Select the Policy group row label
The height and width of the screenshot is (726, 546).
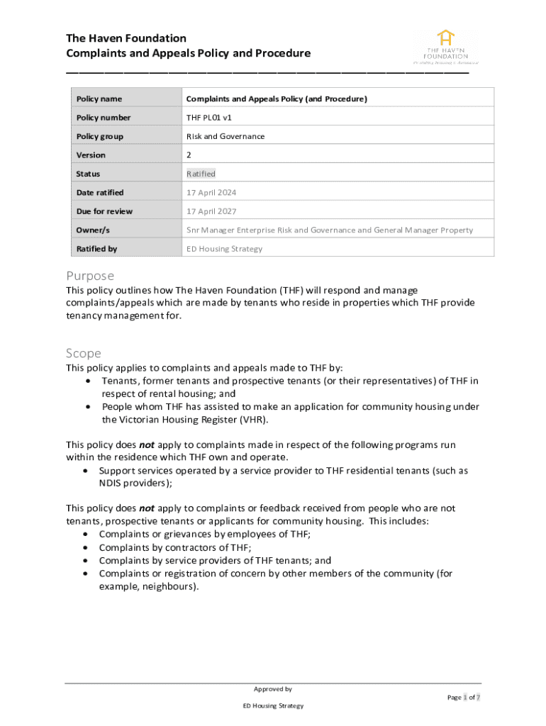[99, 136]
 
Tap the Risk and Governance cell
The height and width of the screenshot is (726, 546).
[225, 136]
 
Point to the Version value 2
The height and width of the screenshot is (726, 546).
[189, 155]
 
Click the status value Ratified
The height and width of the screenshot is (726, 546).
[201, 174]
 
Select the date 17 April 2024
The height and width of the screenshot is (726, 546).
[211, 193]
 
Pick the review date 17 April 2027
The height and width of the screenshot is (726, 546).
[211, 211]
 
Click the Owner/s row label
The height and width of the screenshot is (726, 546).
[93, 230]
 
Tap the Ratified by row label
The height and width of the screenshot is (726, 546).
[96, 249]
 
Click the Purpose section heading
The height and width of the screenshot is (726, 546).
[90, 276]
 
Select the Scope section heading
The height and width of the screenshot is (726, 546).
[84, 353]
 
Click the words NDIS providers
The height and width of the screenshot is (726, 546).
[135, 484]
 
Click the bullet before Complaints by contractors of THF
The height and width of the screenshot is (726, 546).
[86, 548]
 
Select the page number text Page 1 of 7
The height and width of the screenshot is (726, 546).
[463, 698]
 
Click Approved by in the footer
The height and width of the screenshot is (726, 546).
[272, 689]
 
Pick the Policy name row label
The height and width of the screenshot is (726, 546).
[99, 99]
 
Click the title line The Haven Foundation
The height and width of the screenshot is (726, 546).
[126, 38]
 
